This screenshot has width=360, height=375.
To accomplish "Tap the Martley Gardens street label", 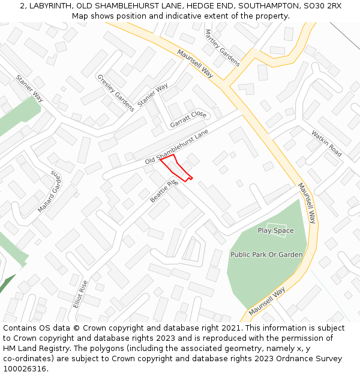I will [x=222, y=47].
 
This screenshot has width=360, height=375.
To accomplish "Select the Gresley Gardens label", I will [x=116, y=93].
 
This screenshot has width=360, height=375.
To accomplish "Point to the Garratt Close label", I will [x=188, y=119].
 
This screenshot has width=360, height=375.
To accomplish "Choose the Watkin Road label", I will [x=326, y=143].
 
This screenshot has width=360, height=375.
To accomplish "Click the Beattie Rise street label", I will [x=164, y=190].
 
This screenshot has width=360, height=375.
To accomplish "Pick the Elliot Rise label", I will [x=80, y=294].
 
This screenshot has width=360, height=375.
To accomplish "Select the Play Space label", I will [x=275, y=230].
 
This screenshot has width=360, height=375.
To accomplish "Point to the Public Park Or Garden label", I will [x=266, y=254].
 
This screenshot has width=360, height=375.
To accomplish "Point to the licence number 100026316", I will [x=24, y=369].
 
